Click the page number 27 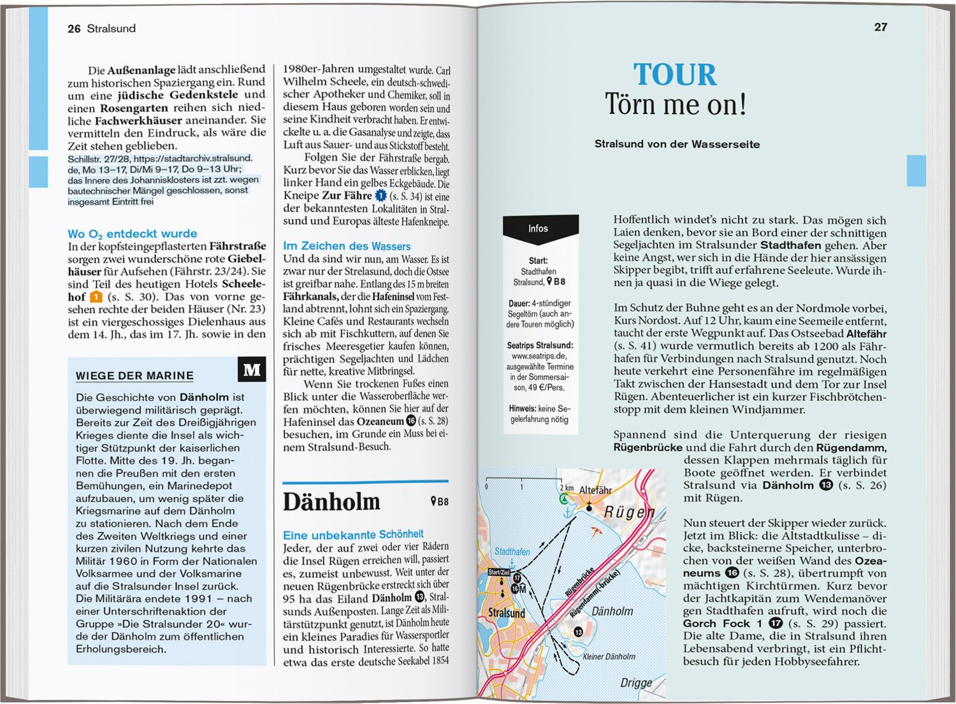click(880, 27)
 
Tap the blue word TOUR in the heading click(675, 75)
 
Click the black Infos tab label click(538, 229)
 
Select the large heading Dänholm click(331, 502)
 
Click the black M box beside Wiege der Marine click(252, 370)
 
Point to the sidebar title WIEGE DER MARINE click(134, 376)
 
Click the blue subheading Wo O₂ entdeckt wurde click(133, 234)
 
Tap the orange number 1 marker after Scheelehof click(96, 297)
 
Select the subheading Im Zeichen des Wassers click(347, 246)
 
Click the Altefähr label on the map click(595, 490)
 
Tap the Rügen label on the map click(629, 512)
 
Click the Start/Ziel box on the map click(499, 572)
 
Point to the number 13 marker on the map click(578, 632)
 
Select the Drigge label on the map click(636, 683)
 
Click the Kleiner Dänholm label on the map click(609, 656)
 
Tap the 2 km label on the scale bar click(566, 487)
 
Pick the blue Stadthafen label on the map click(512, 552)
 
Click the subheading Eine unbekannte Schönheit click(353, 535)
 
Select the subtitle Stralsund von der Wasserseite click(677, 144)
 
